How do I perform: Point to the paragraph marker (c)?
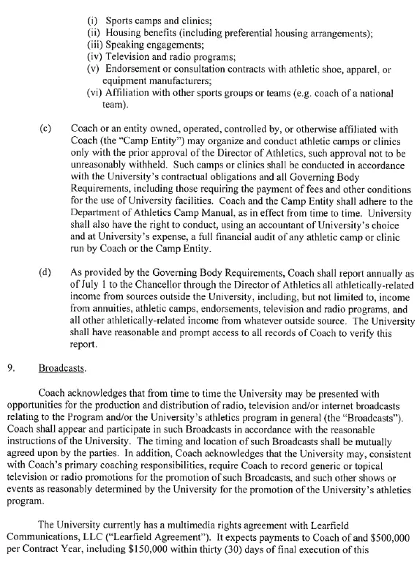pyautogui.click(x=45, y=128)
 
